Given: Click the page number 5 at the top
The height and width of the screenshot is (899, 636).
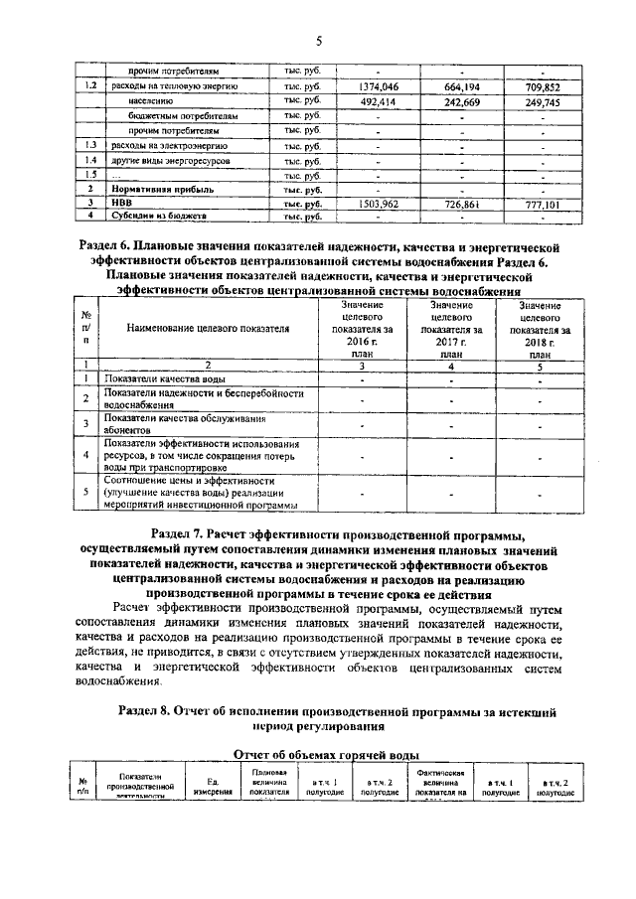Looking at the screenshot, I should coord(318,41).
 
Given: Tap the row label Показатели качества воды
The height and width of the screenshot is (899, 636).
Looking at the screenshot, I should coord(158,378).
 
